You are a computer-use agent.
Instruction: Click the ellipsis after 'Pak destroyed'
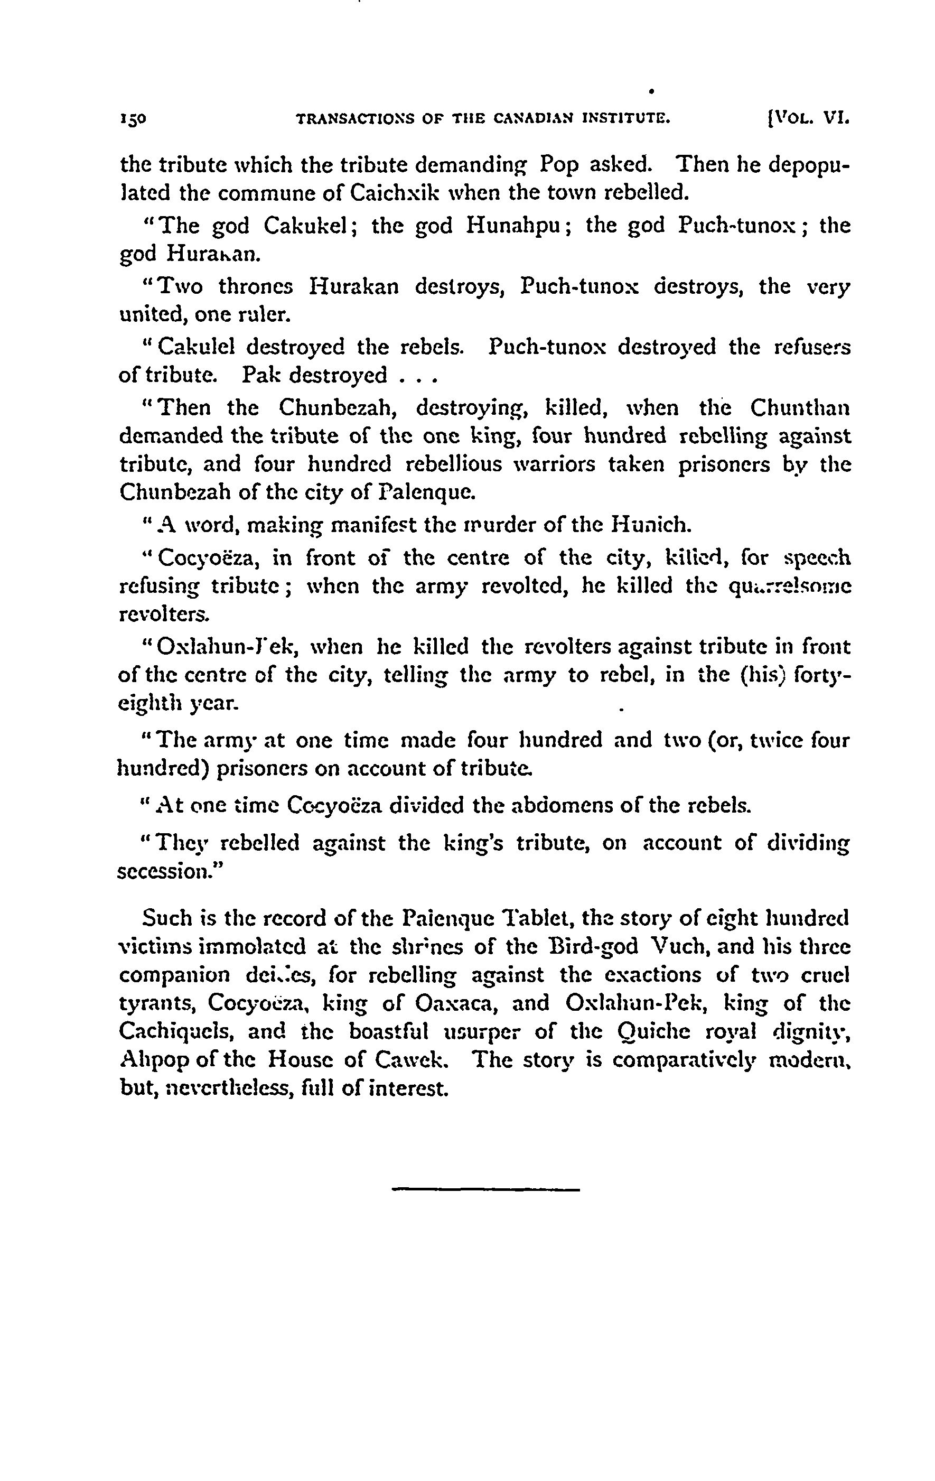point(417,376)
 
